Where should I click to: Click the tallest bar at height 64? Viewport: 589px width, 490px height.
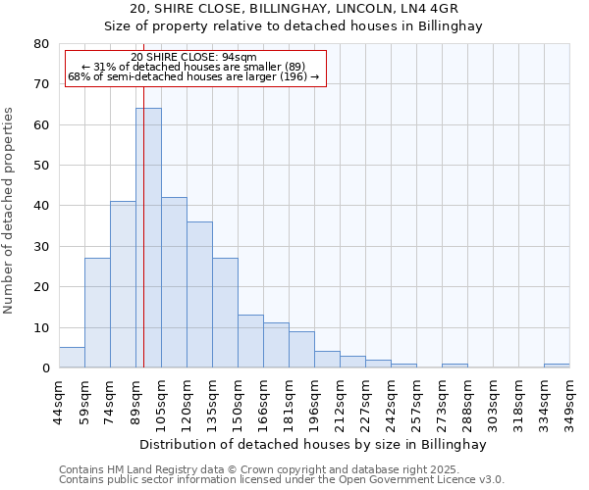click(148, 238)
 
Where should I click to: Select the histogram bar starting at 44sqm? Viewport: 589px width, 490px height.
click(72, 358)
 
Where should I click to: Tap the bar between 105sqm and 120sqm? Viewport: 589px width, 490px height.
click(174, 282)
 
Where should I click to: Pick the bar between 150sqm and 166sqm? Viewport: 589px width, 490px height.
click(250, 342)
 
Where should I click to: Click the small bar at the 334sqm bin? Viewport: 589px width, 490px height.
click(557, 366)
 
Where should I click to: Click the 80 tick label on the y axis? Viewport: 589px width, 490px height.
click(40, 44)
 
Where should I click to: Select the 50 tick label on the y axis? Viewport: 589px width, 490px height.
click(40, 166)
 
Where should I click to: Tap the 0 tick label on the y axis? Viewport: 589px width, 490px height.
click(44, 368)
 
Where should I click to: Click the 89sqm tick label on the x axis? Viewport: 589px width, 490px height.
click(135, 400)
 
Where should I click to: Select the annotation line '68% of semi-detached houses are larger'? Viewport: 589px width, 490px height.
click(193, 76)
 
